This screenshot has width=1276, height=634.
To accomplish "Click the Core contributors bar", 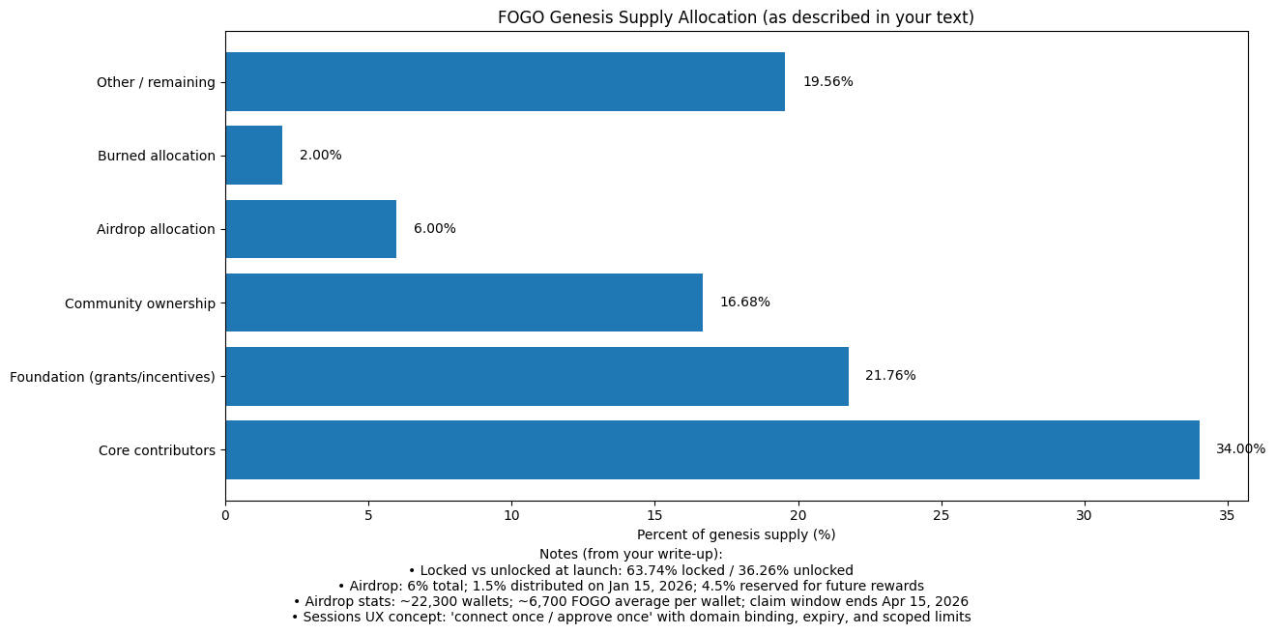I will click(712, 449).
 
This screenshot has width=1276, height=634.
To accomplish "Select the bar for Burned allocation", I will click(254, 156).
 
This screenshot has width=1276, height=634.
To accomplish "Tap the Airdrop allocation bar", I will click(311, 229).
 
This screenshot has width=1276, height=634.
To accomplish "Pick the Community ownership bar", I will click(464, 303).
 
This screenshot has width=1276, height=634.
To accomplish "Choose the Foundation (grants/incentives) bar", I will click(536, 376).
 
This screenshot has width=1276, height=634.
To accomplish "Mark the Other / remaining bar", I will click(505, 82).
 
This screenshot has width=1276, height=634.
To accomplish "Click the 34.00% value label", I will click(1240, 449).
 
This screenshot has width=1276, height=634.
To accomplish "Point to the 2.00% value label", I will click(320, 156).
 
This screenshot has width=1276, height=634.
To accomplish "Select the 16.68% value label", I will click(744, 303).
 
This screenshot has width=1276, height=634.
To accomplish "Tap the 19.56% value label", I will click(827, 82).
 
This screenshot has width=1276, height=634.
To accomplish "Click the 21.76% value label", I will click(890, 376).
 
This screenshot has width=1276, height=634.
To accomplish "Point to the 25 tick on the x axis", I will click(942, 516).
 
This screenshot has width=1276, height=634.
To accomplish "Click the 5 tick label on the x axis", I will click(368, 516).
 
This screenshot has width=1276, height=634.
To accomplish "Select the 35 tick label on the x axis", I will click(1228, 516).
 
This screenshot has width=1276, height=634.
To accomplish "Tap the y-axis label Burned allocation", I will click(157, 156).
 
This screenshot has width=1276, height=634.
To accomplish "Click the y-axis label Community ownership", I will click(140, 303).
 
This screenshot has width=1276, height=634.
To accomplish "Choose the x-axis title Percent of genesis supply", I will click(736, 534).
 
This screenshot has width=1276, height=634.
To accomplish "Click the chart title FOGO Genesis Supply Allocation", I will click(736, 17).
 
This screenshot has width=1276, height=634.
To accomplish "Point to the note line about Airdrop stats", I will click(630, 601).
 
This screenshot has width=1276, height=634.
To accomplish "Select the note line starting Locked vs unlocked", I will click(630, 570).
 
